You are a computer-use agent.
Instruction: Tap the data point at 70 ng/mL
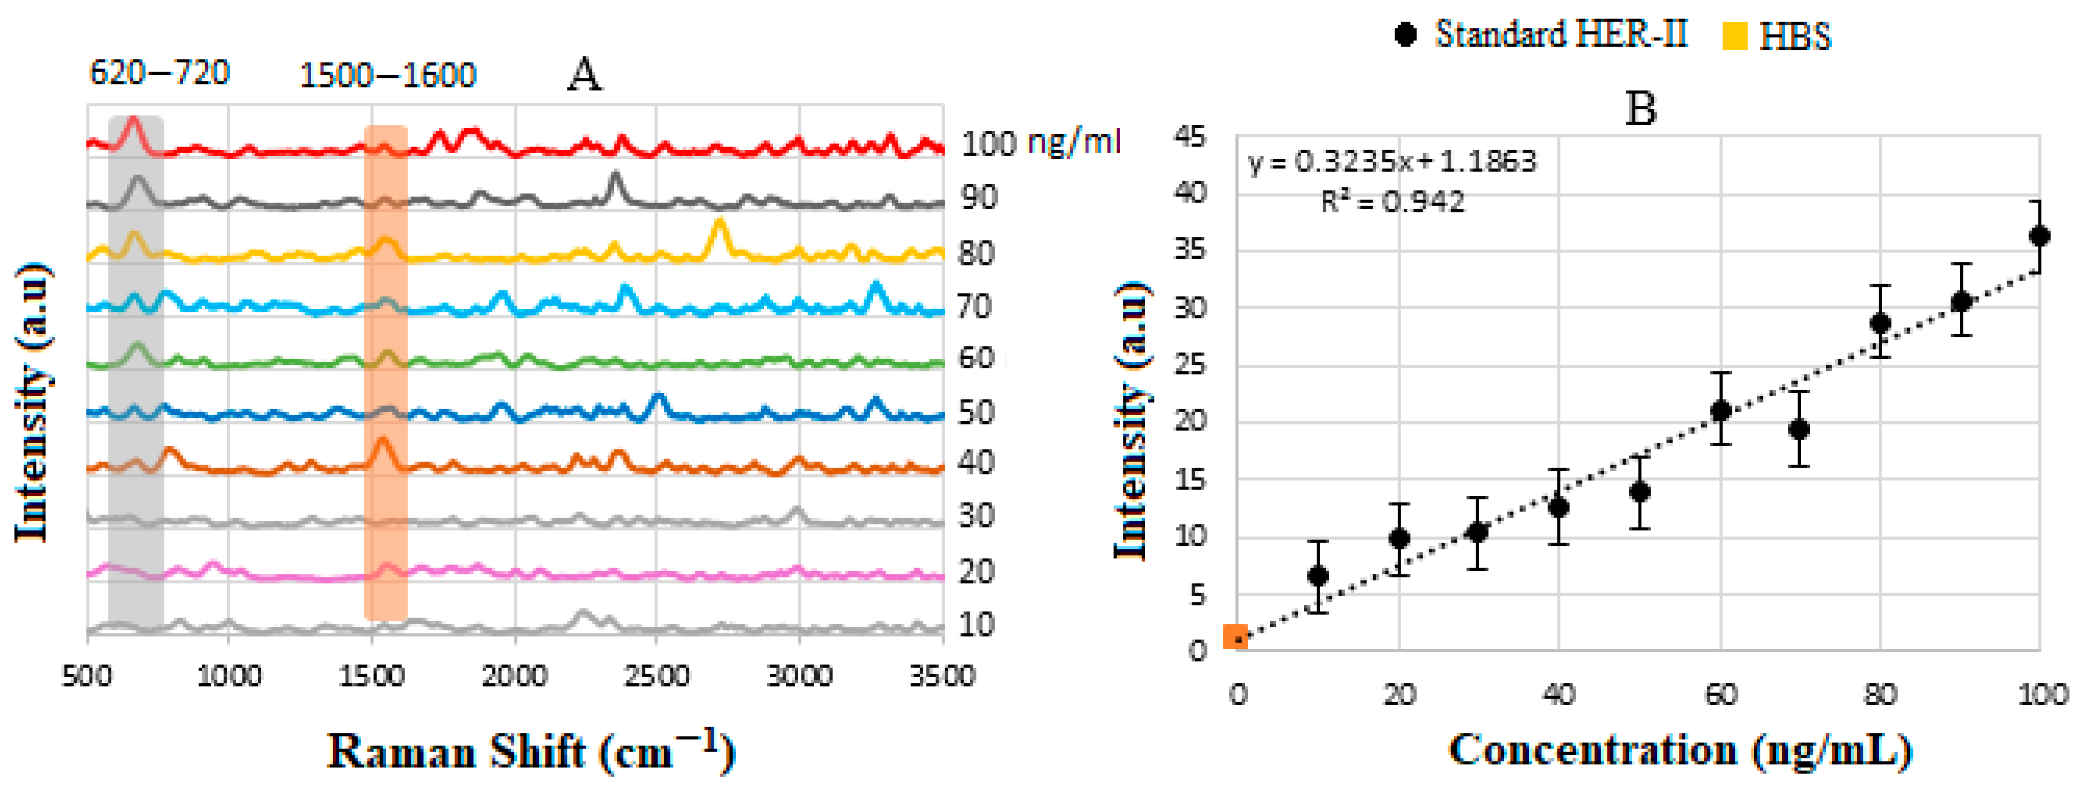pos(1798,429)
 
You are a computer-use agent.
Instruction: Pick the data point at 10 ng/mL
pos(1318,576)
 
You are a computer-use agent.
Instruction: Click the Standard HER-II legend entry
pos(1541,35)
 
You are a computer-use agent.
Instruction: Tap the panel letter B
pos(1640,109)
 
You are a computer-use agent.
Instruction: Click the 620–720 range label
pos(159,73)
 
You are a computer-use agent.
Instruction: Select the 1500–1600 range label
pos(387,76)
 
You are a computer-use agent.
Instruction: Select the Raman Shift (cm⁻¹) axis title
pos(531,750)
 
